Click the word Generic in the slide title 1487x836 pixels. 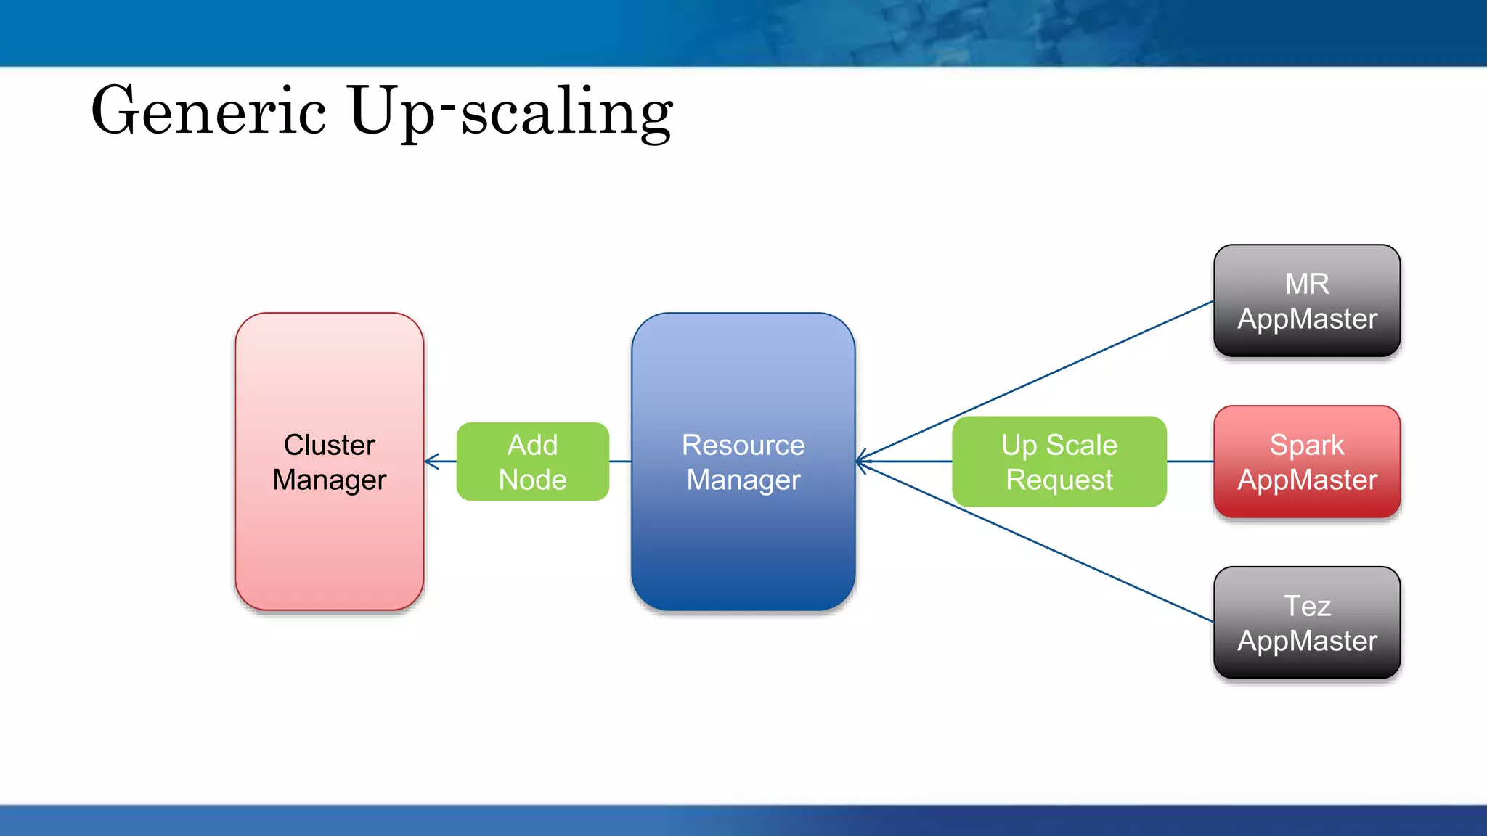coord(208,111)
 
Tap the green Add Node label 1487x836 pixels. coord(532,462)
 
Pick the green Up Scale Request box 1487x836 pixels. coord(1059,462)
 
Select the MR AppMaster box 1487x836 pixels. coord(1307,300)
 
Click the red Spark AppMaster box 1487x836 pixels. coord(1307,462)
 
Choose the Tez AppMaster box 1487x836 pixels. coord(1307,623)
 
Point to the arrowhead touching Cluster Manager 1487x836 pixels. coord(431,462)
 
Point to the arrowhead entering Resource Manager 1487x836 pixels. coord(862,462)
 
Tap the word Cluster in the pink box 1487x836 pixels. coord(329,445)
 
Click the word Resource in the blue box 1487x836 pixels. coord(743,445)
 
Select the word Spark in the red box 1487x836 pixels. coord(1307,445)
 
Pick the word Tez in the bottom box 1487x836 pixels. coord(1307,606)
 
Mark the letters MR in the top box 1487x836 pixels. coord(1307,284)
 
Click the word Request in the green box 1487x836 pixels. coord(1059,480)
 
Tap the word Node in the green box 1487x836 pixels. coord(532,480)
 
